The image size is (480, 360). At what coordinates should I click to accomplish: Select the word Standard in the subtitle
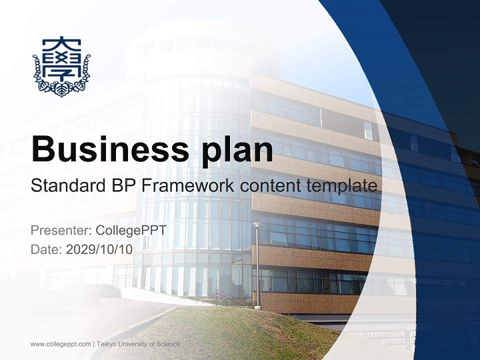67,186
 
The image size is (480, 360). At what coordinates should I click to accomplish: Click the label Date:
46,249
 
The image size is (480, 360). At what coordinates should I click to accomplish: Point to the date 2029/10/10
99,249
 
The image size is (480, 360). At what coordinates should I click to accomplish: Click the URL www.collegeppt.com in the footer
60,344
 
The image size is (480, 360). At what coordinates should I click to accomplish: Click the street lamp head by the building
257,224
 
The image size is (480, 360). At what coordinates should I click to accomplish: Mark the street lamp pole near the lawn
258,270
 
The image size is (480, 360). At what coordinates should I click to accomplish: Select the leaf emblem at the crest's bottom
61,89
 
